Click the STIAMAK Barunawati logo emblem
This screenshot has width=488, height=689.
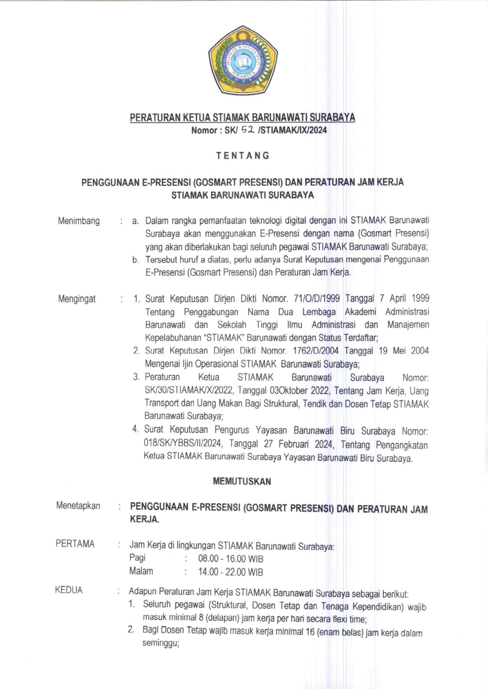pyautogui.click(x=243, y=60)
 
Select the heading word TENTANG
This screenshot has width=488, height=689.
pyautogui.click(x=243, y=156)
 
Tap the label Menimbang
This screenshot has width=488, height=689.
pyautogui.click(x=79, y=221)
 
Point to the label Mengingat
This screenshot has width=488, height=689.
pyautogui.click(x=77, y=299)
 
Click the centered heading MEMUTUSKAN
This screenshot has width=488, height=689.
pyautogui.click(x=242, y=481)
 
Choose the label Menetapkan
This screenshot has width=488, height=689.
pyautogui.click(x=78, y=506)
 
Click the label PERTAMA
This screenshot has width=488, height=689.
pyautogui.click(x=75, y=544)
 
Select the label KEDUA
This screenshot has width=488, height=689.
pyautogui.click(x=69, y=590)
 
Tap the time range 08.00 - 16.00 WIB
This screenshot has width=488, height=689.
pyautogui.click(x=231, y=559)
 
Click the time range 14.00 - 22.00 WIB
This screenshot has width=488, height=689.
pyautogui.click(x=231, y=572)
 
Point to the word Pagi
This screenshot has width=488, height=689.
pyautogui.click(x=137, y=558)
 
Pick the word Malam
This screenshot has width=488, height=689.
pyautogui.click(x=141, y=571)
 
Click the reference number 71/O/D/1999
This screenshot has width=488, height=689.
pyautogui.click(x=317, y=299)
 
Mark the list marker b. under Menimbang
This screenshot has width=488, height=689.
pyautogui.click(x=136, y=260)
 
